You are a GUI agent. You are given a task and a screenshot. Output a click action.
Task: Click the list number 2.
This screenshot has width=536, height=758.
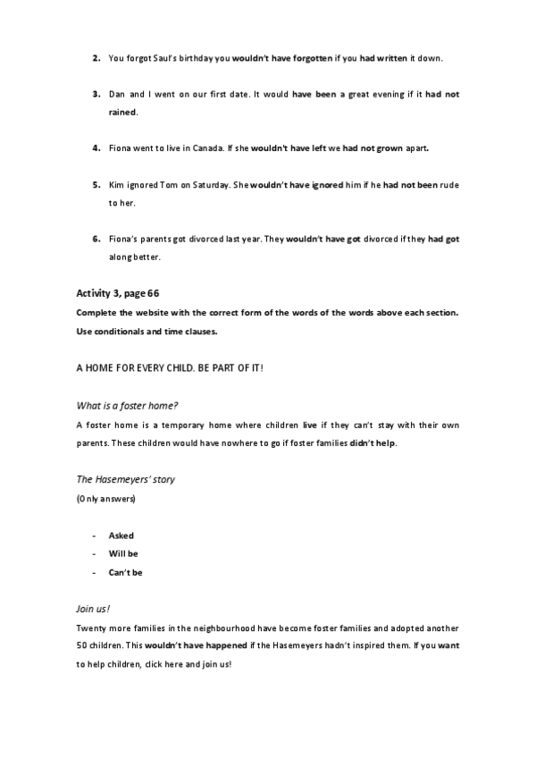point(96,59)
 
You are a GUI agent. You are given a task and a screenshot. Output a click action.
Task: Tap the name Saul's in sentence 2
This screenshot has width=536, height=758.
point(163,59)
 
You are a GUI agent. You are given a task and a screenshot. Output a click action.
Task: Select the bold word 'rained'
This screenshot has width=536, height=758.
point(123,113)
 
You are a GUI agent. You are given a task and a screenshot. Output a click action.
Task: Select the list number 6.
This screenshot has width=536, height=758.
point(96,240)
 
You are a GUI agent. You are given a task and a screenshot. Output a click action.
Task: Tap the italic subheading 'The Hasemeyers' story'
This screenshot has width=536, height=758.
point(125,480)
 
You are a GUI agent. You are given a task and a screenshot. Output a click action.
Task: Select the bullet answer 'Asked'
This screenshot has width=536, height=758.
point(121,535)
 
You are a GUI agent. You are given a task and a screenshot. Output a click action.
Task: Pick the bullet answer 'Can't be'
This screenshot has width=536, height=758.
point(125,572)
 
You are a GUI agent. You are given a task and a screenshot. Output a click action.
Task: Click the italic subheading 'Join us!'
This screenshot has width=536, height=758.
point(93,609)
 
